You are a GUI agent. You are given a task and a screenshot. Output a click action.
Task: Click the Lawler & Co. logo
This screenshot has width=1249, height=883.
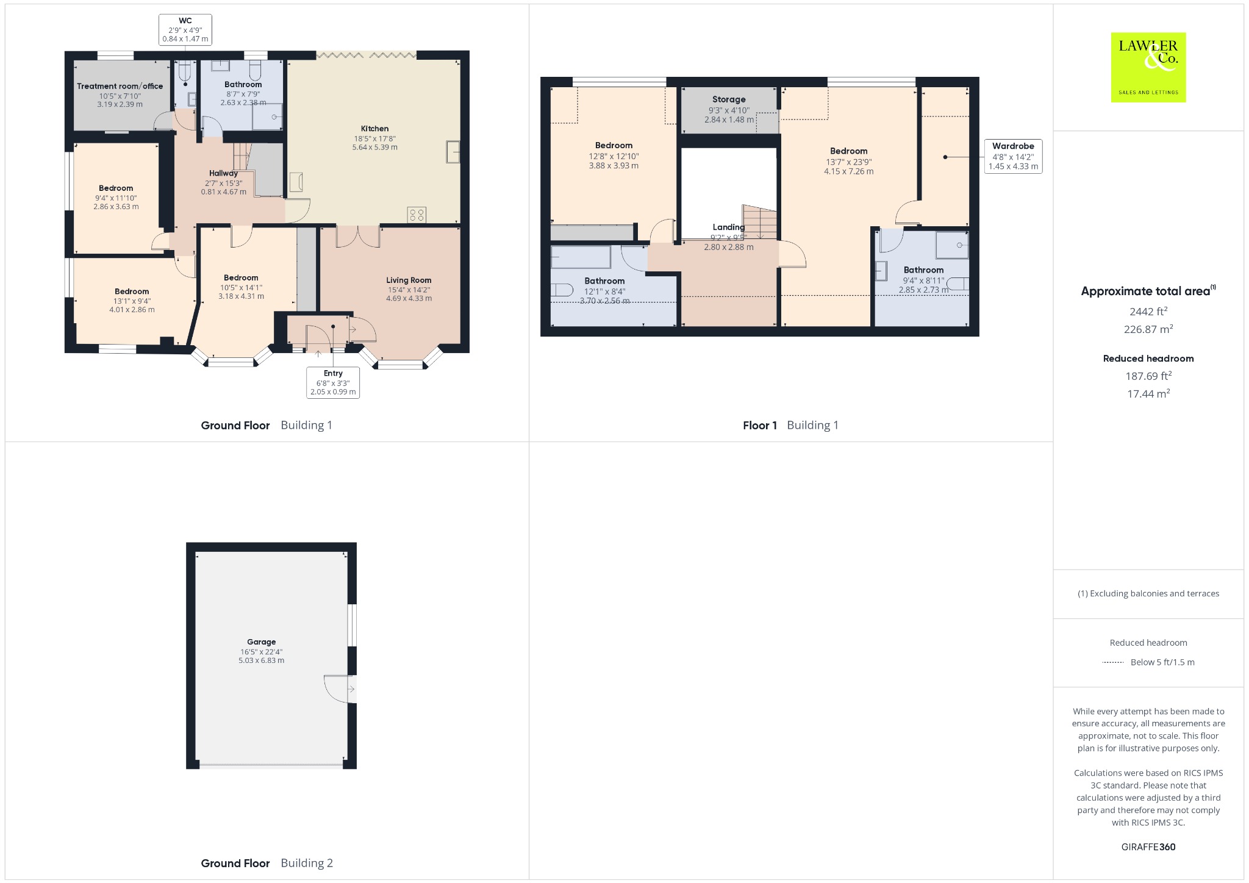(1148, 67)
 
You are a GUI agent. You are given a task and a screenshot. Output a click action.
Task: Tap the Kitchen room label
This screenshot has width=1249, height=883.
(374, 129)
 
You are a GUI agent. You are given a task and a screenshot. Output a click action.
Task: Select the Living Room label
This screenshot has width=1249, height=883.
(409, 281)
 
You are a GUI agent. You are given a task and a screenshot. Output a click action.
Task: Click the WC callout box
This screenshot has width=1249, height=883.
(185, 30)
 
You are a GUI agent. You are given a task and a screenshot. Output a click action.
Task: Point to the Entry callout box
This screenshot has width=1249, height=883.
(333, 382)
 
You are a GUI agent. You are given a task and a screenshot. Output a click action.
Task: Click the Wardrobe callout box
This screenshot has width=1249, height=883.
(1013, 156)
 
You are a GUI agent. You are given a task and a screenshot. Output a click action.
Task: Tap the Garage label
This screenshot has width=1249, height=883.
(261, 642)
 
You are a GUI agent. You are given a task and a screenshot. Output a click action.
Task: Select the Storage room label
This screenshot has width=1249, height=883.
(729, 99)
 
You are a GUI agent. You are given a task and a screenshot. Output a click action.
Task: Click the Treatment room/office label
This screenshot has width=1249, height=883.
(120, 86)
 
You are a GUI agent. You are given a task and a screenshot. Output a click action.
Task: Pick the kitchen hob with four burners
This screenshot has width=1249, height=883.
(417, 215)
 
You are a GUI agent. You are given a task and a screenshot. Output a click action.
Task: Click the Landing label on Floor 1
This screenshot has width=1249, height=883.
(729, 227)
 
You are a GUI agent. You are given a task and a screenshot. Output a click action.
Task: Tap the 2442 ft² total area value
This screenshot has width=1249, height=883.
(1148, 311)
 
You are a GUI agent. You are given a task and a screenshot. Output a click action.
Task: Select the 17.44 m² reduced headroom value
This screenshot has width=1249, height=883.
(1148, 393)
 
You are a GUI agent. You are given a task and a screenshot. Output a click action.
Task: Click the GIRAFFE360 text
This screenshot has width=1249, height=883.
(1148, 846)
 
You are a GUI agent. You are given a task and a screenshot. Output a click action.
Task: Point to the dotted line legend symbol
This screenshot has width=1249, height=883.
(1113, 662)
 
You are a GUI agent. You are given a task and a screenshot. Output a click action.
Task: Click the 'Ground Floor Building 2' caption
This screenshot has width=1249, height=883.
(267, 863)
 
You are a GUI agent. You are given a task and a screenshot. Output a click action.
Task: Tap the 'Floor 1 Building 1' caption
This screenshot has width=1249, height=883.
(790, 425)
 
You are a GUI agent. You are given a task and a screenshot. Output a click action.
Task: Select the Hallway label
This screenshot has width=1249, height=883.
(223, 173)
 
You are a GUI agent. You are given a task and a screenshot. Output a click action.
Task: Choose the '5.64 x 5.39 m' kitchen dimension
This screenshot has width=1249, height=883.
(374, 147)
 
